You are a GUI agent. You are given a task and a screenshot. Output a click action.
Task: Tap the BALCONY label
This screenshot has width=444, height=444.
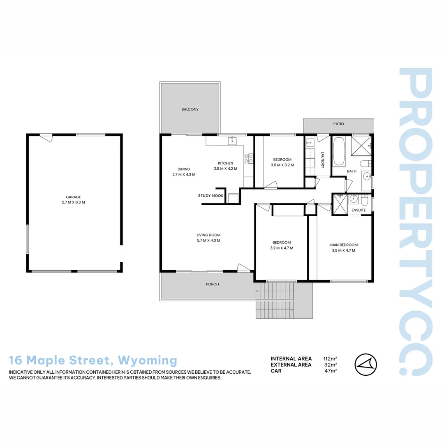pos(190,109)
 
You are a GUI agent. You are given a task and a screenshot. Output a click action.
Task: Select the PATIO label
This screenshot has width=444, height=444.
pos(339,124)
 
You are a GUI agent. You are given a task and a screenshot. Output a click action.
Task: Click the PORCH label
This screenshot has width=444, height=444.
pos(213,284)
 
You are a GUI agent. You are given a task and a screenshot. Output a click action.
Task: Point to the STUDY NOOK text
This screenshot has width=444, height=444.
pos(210,196)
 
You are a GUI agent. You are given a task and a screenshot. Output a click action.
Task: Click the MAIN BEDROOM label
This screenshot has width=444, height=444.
pos(343,245)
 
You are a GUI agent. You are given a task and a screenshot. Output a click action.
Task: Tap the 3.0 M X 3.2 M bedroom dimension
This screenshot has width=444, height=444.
pos(282,165)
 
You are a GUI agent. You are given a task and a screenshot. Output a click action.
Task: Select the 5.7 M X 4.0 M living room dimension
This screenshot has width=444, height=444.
pos(208,240)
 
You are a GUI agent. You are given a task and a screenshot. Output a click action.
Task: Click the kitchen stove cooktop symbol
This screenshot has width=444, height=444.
pos(248,158)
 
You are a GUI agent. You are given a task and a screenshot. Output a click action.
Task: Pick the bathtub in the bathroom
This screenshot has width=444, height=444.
pos(339,151)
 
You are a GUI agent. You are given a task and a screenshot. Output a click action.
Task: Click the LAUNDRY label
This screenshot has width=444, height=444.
pos(323,160)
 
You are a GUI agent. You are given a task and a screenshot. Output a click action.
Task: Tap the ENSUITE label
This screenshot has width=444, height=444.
pos(358,210)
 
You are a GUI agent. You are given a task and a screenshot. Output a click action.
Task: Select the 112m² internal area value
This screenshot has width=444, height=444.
pos(331,358)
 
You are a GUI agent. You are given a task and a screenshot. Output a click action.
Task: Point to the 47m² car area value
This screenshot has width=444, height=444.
pos(331,371)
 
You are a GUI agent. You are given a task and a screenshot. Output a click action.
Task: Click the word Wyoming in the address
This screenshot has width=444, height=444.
pos(147,361)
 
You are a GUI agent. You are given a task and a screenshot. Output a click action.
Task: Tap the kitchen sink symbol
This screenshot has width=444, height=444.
pos(232,141)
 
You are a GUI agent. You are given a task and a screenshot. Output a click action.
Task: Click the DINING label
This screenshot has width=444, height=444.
pos(184,169)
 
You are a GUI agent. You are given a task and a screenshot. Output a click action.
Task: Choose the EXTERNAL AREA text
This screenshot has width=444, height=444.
pos(291,365)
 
